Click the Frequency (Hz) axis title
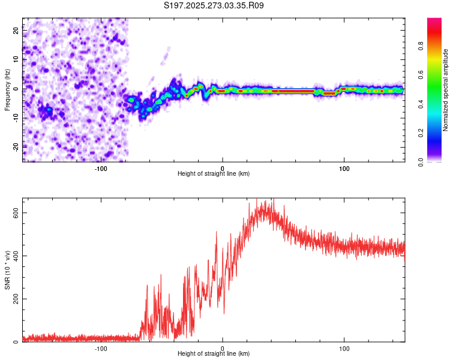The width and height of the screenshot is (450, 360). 7,90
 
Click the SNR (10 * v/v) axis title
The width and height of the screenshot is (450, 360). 7,270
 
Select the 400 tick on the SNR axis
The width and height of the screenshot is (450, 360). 16,256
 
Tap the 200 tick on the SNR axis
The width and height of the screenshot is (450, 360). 16,299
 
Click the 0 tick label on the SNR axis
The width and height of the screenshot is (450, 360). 16,342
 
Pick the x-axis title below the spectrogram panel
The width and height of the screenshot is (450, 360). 214,174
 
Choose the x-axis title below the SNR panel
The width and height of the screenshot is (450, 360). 214,354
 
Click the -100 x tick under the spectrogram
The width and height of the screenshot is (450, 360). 101,169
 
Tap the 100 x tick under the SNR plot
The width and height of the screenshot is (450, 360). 344,349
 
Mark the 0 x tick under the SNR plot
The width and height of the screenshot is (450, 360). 223,349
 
